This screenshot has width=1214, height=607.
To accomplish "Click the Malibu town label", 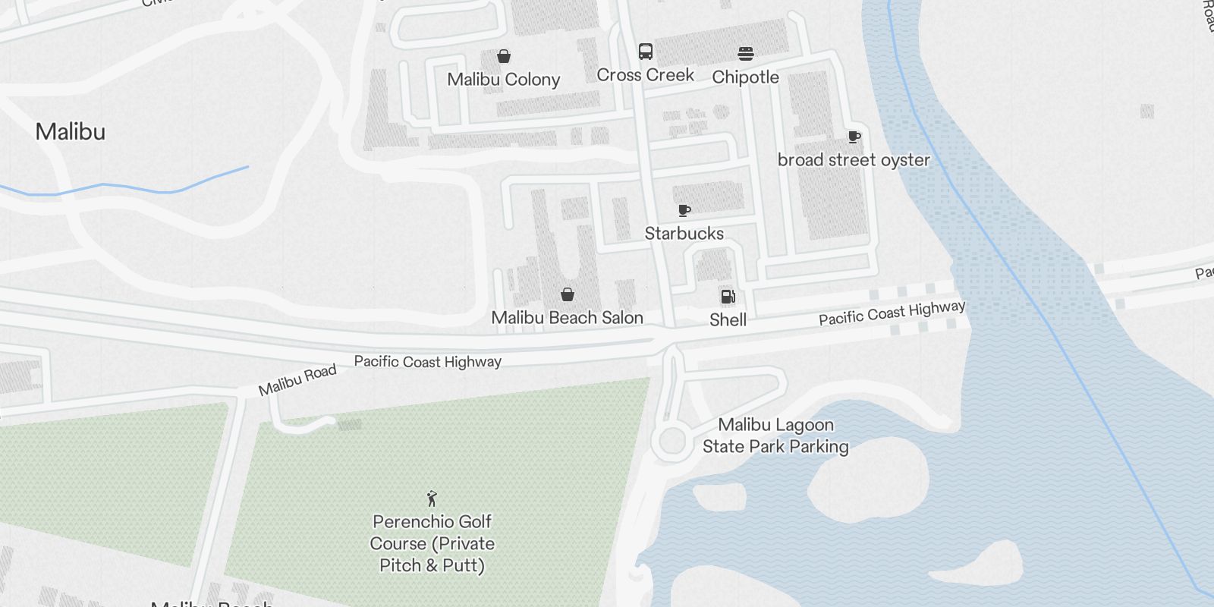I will pos(71,132).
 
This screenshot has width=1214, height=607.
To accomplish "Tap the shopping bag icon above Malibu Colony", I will pos(503,56).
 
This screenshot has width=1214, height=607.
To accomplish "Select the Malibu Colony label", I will pos(503,80).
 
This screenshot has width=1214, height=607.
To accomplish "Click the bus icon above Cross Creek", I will pos(646,52).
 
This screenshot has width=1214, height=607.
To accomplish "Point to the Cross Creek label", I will pos(645,75).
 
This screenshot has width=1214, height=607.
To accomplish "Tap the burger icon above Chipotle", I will pos(746,54).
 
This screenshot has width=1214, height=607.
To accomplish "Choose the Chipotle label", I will pos(745,77).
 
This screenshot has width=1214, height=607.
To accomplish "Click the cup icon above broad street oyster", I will pos(854,137).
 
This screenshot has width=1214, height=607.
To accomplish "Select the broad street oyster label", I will pos(854,160).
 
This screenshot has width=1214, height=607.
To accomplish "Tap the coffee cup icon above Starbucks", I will pos(684,210).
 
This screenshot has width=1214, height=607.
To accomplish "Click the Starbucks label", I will pos(684,234).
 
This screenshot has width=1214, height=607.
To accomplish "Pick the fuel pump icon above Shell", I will pos(728,297).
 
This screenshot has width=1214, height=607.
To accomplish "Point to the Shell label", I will pos(728,320).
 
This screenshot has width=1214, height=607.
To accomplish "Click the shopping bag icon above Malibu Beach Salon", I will pos(568,294).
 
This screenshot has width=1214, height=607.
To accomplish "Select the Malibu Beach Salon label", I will pos(567,318).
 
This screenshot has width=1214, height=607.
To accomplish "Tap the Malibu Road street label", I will pos(297,380).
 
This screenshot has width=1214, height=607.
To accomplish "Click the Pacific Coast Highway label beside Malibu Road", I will pos(427,362).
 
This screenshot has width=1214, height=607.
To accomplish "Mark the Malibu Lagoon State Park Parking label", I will pos(775,436).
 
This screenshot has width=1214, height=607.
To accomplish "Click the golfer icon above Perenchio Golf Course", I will pos(432,498).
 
